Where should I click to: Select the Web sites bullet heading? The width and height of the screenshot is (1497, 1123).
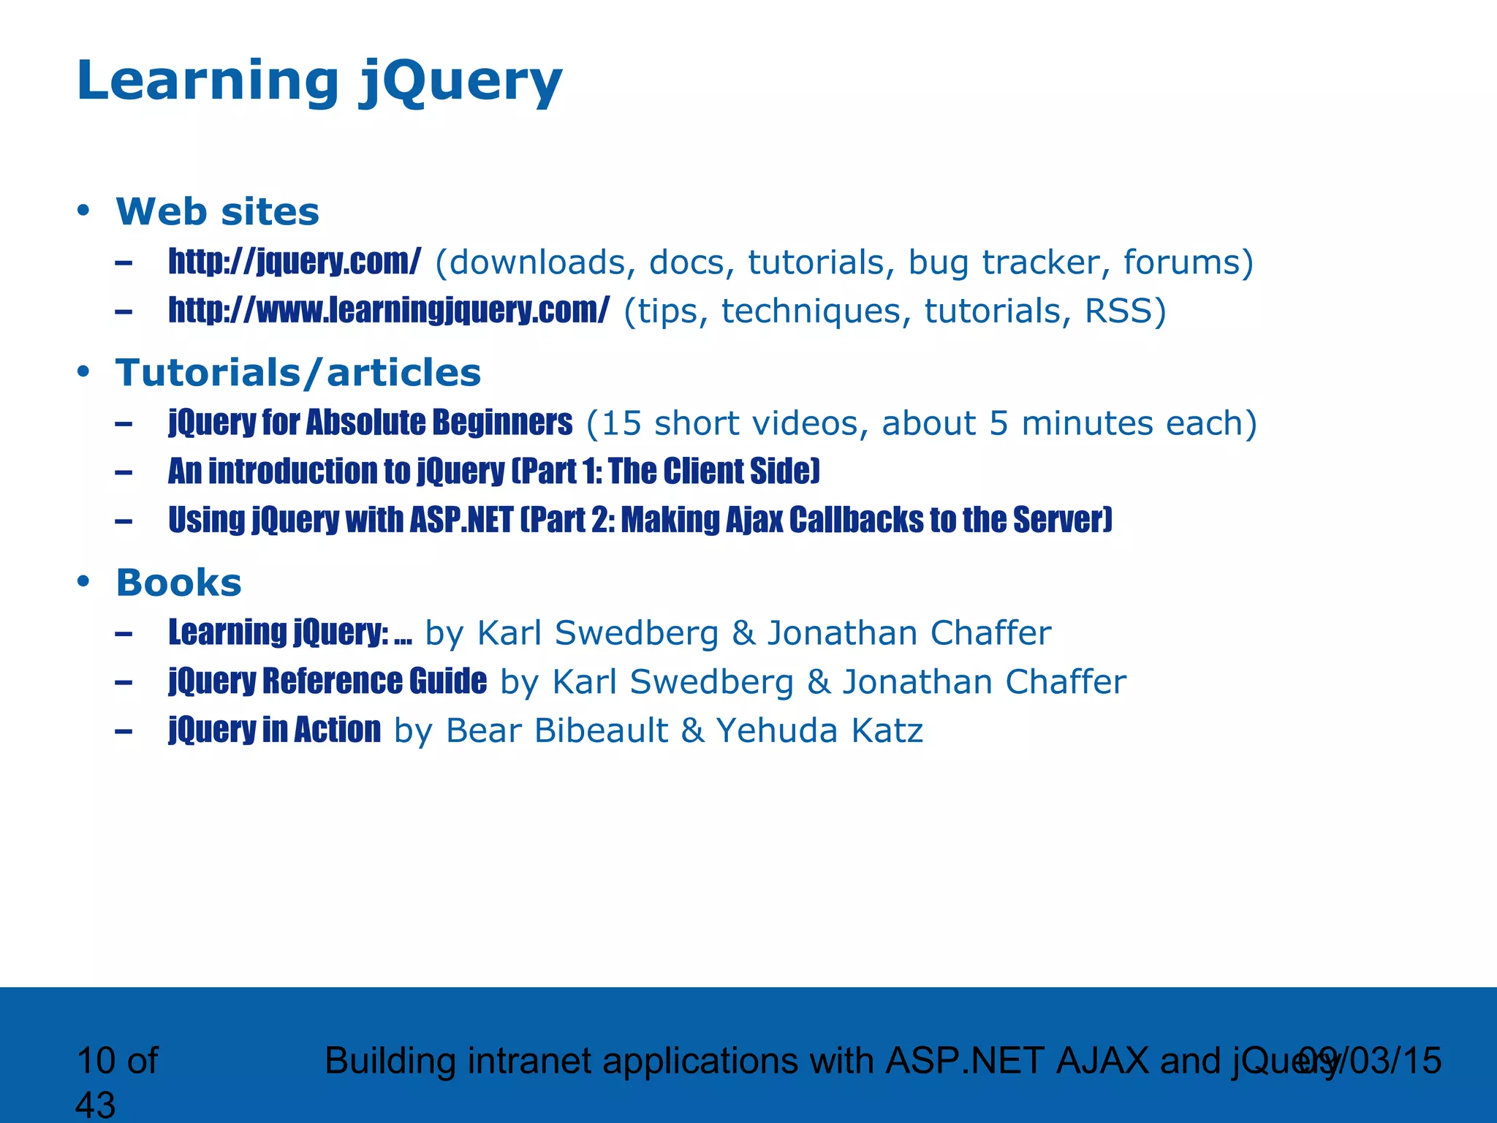217,212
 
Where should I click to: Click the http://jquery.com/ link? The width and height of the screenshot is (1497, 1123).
295,262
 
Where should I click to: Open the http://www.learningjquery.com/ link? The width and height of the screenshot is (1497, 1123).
388,311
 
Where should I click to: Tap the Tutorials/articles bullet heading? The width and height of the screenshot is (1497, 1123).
298,373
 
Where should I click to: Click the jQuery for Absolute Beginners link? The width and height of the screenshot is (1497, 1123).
370,423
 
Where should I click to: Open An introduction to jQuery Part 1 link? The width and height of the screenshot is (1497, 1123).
493,472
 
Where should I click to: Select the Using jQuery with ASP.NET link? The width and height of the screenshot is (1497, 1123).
640,521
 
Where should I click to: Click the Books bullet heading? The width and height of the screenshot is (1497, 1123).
178,583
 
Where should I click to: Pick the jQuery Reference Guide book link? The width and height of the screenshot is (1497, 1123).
327,681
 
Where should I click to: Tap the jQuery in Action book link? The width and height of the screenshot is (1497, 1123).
274,730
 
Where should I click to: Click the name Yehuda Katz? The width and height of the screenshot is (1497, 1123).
819,730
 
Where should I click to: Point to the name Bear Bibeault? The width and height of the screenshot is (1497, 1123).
556,730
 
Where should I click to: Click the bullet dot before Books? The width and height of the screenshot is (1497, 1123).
83,582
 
